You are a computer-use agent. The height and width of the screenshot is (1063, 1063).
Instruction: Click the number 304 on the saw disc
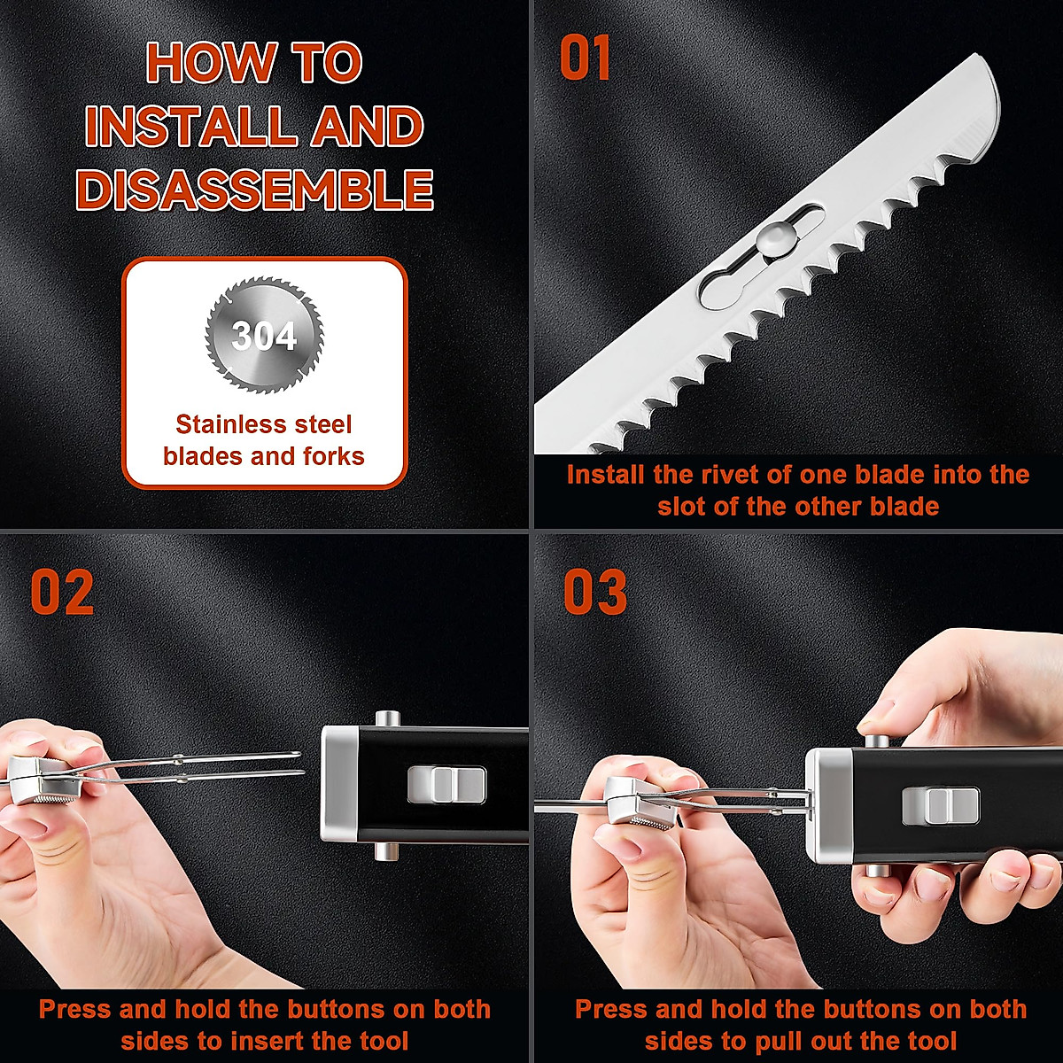coord(264,337)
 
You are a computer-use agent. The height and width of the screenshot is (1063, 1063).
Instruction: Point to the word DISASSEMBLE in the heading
coord(255,190)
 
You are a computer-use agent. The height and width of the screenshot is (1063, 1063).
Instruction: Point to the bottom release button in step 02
coord(385,852)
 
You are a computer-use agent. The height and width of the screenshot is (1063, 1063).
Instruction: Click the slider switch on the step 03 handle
coord(940,803)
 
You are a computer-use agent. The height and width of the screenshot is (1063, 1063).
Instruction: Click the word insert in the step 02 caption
coord(317,1041)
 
